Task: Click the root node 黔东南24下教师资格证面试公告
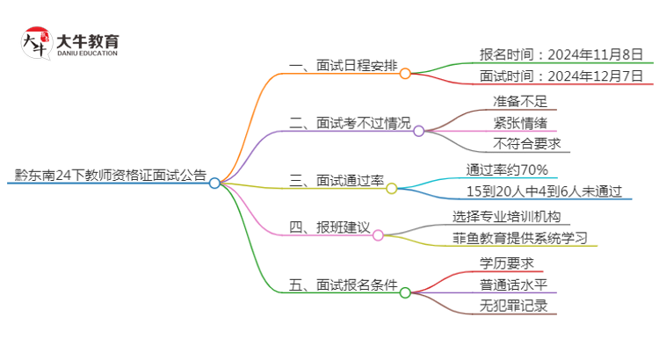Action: click(111, 176)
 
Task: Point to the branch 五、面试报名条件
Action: click(343, 285)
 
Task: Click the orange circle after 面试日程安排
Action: click(405, 74)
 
